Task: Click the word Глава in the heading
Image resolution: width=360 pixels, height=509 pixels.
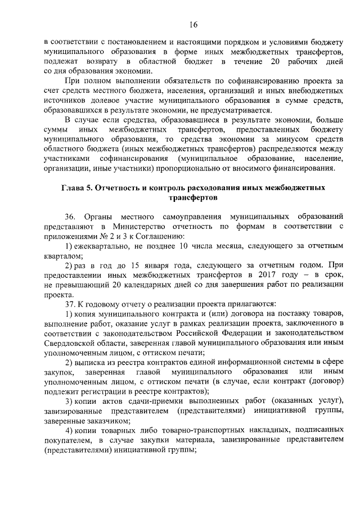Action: (x=73, y=187)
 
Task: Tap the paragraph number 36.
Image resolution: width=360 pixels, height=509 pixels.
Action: (x=70, y=217)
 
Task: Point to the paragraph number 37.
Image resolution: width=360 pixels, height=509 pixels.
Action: (x=70, y=303)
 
